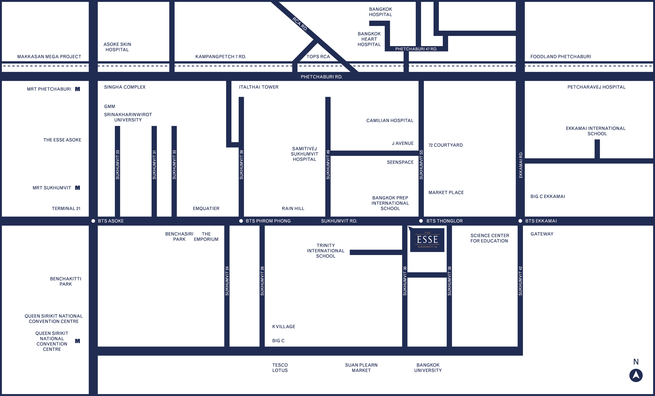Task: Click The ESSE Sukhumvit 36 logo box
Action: (427, 240)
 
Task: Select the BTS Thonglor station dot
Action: (421, 221)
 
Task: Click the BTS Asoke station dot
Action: (93, 221)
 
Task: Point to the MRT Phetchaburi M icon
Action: (77, 89)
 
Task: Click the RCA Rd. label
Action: (300, 24)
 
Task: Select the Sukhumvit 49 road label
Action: (328, 165)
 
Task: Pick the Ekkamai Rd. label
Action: (521, 165)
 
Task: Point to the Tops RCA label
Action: (318, 56)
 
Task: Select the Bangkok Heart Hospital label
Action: (369, 39)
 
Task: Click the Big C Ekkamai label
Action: (548, 196)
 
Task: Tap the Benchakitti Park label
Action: (65, 281)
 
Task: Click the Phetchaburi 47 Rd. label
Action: (416, 49)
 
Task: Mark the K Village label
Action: (283, 327)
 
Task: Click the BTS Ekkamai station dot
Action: (520, 221)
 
